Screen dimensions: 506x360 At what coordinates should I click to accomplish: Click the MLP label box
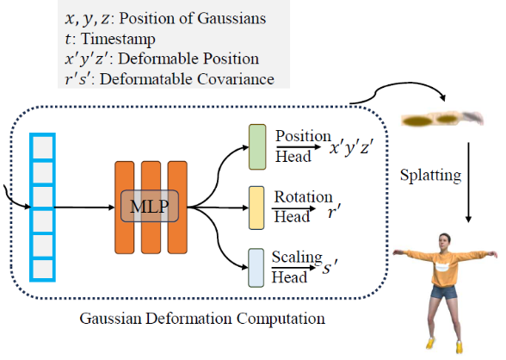pos(150,206)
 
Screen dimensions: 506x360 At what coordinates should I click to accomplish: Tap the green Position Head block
pos(257,147)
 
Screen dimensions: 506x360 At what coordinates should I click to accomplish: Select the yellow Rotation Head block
pos(256,208)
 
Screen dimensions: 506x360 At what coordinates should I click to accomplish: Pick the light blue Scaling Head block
pos(256,268)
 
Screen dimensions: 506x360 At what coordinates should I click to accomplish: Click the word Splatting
pos(430,176)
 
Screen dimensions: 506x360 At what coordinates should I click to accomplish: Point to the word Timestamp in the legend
pos(118,39)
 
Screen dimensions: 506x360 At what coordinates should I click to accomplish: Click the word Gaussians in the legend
pos(231,18)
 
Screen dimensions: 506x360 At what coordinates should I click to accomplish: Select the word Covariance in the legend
pos(236,79)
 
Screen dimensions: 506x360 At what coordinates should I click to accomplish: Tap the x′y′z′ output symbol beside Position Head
pos(351,147)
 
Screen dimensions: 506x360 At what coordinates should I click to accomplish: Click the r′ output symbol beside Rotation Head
pos(334,211)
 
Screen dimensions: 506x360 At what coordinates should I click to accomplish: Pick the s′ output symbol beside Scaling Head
pos(330,267)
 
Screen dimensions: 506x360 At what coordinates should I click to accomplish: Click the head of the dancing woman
pos(444,240)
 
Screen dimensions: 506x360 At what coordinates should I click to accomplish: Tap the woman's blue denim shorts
pos(444,292)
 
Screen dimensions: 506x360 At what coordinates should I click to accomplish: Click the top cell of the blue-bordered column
pos(43,147)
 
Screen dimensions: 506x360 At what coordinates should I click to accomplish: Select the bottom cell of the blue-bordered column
pos(43,270)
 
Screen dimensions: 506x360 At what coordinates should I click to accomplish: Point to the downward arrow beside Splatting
pos(468,183)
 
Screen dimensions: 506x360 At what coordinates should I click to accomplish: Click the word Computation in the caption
pos(281,319)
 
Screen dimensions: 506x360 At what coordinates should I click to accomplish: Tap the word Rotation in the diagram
pos(303,196)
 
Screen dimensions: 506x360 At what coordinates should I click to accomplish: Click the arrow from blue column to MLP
pos(84,208)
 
